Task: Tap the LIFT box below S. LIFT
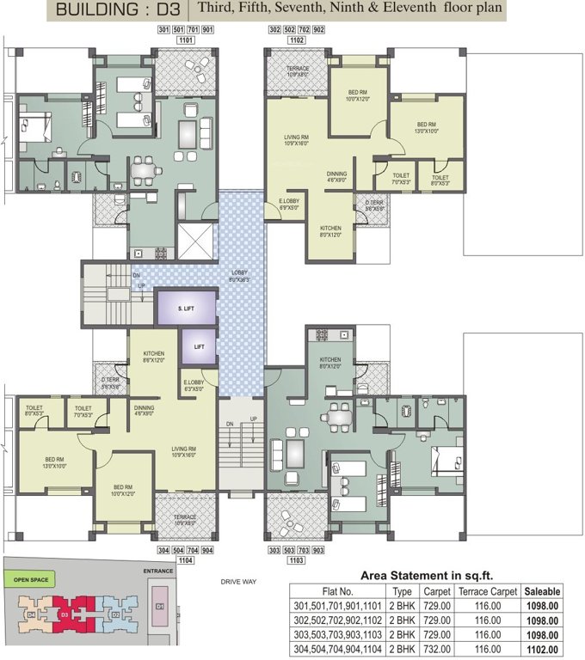coord(198,347)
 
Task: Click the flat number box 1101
coord(184,40)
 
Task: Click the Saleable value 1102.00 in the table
coord(543,650)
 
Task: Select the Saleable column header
coord(543,591)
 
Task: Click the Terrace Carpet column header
coord(487,591)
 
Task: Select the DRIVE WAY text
coord(238,582)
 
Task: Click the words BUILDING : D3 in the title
coord(120,10)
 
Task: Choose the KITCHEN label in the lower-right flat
coord(330,360)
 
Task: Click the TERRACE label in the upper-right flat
coord(298,68)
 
